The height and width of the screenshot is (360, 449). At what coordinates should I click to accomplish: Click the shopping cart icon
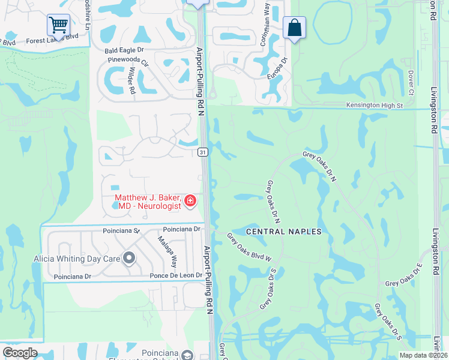coord(58,25)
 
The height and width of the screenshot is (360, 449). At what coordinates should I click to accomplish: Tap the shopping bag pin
coord(294,28)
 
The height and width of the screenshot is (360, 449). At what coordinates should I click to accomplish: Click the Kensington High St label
coord(374,106)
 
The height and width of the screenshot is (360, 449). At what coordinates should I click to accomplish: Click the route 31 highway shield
coord(203,152)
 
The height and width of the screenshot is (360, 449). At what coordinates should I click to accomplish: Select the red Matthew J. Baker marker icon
coord(190,200)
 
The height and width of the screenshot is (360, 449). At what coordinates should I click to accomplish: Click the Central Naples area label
coord(284,232)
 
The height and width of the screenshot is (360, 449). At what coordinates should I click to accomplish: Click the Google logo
coord(20,353)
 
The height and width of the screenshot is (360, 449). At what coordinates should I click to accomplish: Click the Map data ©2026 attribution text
coord(423,355)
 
